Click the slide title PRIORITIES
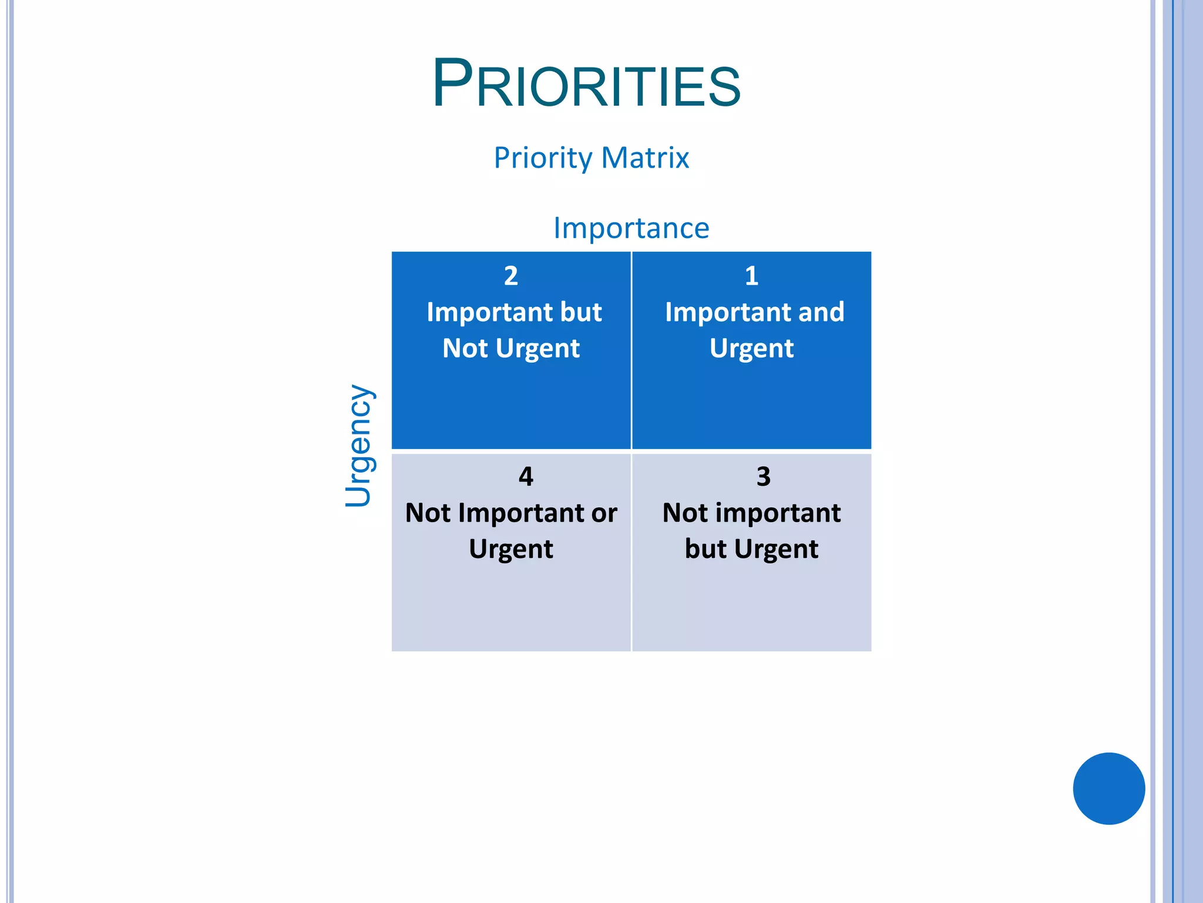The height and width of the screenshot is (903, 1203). pyautogui.click(x=586, y=84)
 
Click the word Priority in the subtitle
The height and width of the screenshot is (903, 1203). pyautogui.click(x=543, y=158)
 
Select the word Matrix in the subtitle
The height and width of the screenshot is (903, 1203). pyautogui.click(x=645, y=158)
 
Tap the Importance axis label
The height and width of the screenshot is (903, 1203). pyautogui.click(x=631, y=228)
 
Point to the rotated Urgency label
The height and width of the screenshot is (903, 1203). pyautogui.click(x=358, y=446)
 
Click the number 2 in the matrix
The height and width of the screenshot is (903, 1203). pyautogui.click(x=511, y=276)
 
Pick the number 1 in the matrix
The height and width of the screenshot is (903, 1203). pyautogui.click(x=751, y=276)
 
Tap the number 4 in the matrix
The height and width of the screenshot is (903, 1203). pyautogui.click(x=526, y=476)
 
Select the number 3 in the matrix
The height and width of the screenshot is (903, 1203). pyautogui.click(x=763, y=476)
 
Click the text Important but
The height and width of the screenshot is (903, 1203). pyautogui.click(x=514, y=312)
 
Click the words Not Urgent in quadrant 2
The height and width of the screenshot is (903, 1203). pyautogui.click(x=511, y=349)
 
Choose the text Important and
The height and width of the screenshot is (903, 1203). pyautogui.click(x=754, y=312)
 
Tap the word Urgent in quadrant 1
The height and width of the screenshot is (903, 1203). pyautogui.click(x=751, y=349)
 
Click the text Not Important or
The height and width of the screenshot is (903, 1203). pyautogui.click(x=511, y=513)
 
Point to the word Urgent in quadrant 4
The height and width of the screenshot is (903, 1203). pyautogui.click(x=511, y=549)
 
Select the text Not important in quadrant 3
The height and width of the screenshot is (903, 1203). pyautogui.click(x=751, y=513)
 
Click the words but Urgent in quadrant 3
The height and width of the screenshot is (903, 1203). pyautogui.click(x=751, y=549)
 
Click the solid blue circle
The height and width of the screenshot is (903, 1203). pyautogui.click(x=1108, y=788)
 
